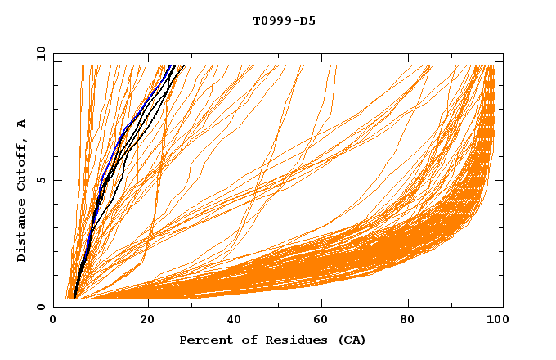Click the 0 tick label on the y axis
[x=41, y=307]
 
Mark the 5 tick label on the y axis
[x=41, y=180]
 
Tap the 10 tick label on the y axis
[x=38, y=53]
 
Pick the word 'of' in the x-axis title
[x=241, y=340]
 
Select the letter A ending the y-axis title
[x=22, y=124]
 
